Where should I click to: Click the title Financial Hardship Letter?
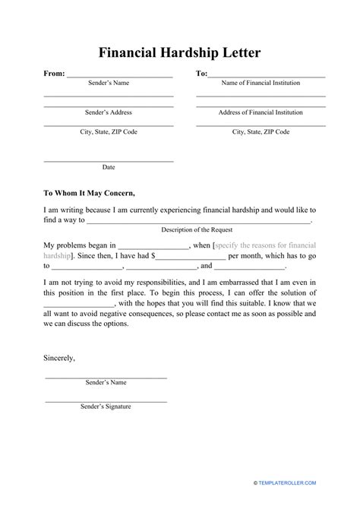(x=180, y=53)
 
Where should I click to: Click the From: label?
(x=43, y=74)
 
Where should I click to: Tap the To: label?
(x=201, y=74)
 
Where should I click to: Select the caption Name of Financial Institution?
(x=261, y=83)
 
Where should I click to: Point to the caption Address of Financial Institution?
(x=261, y=112)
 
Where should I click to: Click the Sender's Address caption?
(x=109, y=112)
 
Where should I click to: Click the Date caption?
(x=109, y=166)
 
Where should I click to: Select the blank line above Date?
(x=109, y=160)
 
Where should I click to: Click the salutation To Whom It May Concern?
(x=89, y=193)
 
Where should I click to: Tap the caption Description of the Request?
(x=197, y=229)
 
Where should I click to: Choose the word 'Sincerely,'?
(x=59, y=356)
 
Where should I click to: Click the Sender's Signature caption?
(x=106, y=406)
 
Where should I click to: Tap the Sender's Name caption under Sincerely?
(x=106, y=384)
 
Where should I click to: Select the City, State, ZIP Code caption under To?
(x=261, y=131)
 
